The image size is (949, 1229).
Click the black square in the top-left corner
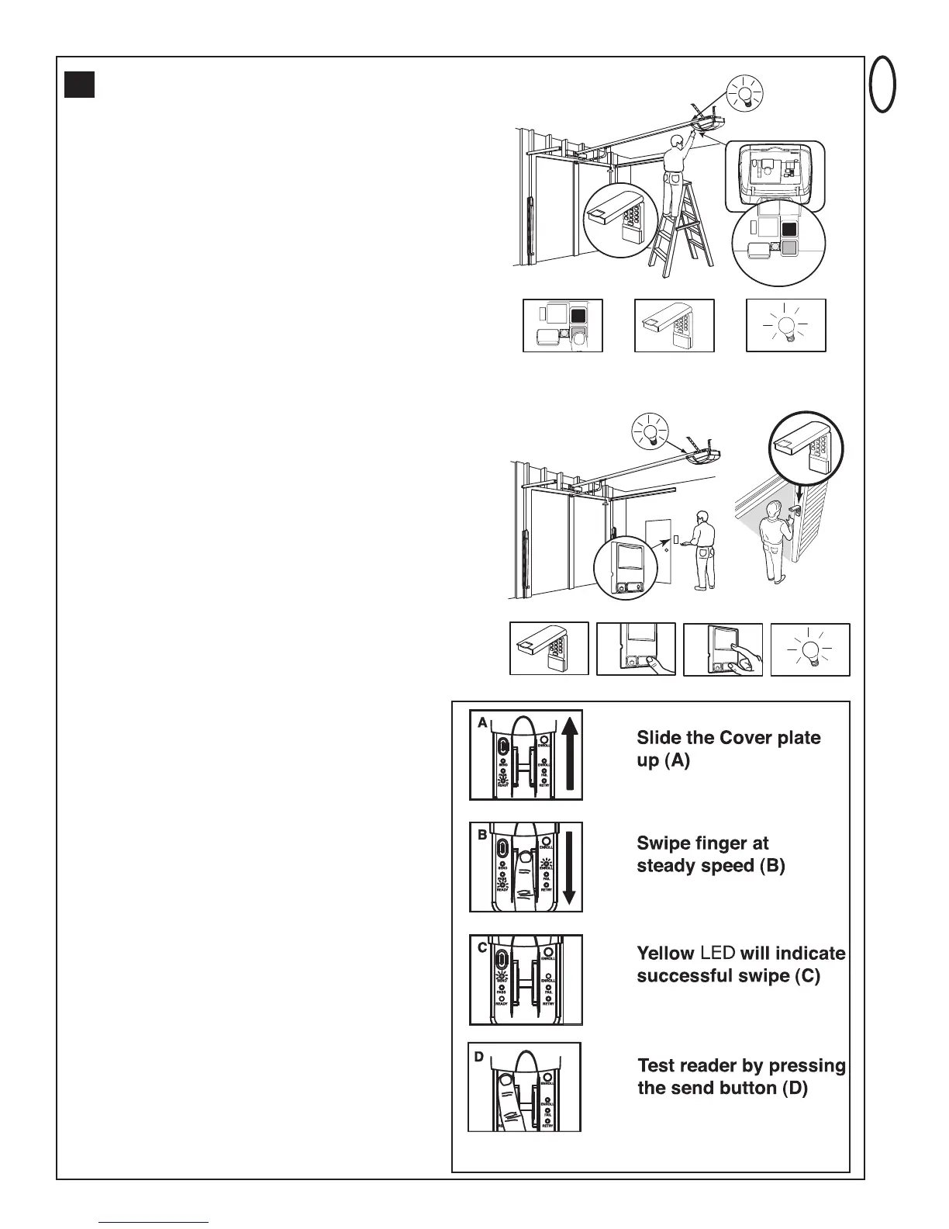tap(80, 85)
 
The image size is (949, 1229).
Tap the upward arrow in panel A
tap(569, 753)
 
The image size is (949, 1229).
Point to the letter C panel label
tap(482, 948)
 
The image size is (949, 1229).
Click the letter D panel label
tap(479, 1057)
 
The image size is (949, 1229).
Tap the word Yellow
tap(665, 953)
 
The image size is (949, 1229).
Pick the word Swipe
tap(664, 843)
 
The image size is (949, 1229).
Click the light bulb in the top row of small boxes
tap(785, 326)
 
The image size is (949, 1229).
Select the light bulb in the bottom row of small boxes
tap(809, 649)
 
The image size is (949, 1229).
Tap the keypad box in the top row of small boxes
tap(674, 326)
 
